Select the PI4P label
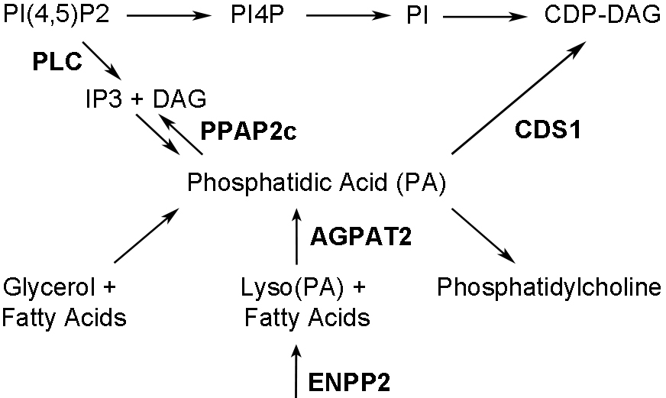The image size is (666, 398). (258, 15)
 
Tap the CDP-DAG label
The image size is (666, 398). (603, 15)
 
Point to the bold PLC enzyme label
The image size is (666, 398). (57, 63)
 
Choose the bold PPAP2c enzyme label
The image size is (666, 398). (248, 131)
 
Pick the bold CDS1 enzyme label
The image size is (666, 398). (547, 131)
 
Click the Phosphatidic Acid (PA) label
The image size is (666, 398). (316, 183)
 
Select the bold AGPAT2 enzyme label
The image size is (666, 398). (361, 237)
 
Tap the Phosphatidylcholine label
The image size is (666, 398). (548, 288)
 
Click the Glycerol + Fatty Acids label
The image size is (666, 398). (63, 302)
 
